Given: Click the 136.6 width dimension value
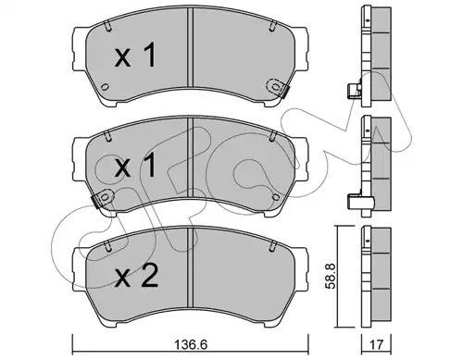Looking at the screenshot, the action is point(191,344).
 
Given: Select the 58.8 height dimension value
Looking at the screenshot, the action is point(331,277).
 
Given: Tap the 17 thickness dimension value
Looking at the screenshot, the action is point(377,344).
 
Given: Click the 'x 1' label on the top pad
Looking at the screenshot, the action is point(135,56).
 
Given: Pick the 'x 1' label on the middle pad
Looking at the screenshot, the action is point(135,166).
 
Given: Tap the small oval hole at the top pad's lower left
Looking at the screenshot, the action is point(105,87).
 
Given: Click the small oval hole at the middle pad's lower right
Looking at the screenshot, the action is point(276,197).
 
